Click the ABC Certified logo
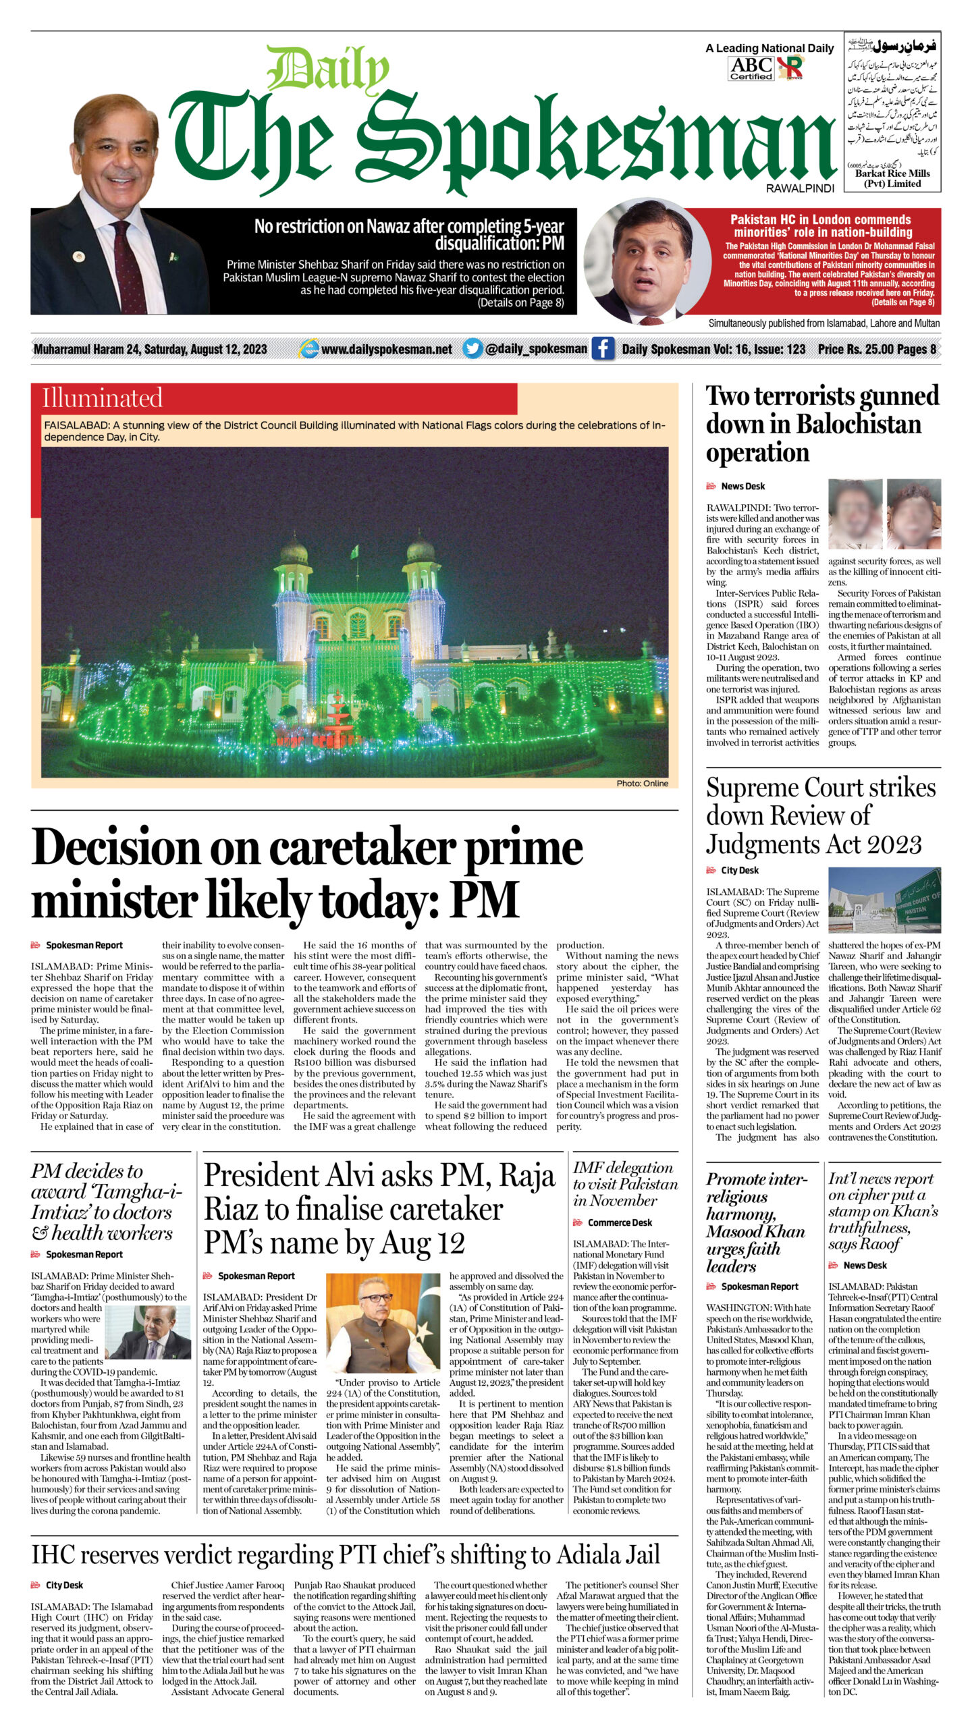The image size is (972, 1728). (x=751, y=68)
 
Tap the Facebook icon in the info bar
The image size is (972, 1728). (x=603, y=348)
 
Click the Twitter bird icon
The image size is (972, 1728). (x=473, y=348)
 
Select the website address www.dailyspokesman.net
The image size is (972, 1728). (x=386, y=349)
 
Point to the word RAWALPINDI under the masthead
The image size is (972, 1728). (x=800, y=189)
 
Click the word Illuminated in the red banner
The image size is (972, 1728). (x=103, y=398)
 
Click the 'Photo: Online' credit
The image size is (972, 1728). (x=642, y=783)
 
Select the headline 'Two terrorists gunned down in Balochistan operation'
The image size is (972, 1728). (x=821, y=424)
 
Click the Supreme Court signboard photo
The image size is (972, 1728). (x=884, y=900)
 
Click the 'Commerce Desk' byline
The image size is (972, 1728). (x=620, y=1222)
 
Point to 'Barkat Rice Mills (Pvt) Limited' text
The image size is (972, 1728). (x=892, y=178)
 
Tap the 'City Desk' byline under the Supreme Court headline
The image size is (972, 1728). (x=739, y=870)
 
